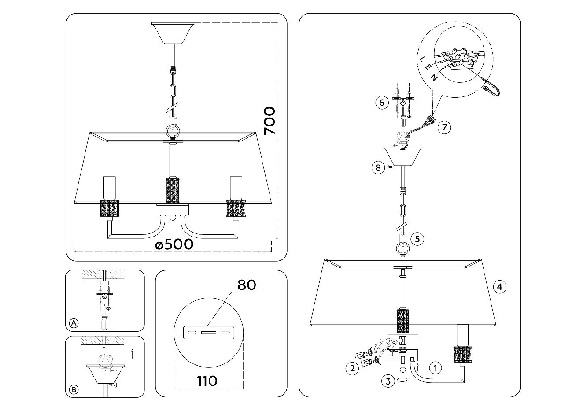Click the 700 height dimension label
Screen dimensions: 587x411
(x=270, y=121)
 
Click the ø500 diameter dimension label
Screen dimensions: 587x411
(x=174, y=244)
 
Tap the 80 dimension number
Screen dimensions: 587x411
(x=247, y=285)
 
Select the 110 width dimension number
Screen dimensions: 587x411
(x=207, y=381)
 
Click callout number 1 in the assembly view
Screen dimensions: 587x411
(x=435, y=368)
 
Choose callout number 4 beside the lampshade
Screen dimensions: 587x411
(x=499, y=287)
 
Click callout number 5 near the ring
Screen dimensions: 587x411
(x=417, y=239)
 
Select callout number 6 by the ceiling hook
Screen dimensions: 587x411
(x=382, y=103)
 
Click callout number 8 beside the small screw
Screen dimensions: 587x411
(x=378, y=167)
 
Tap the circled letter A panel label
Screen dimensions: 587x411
(x=74, y=323)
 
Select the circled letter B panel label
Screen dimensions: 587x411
(x=74, y=390)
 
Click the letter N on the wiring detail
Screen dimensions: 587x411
(x=434, y=78)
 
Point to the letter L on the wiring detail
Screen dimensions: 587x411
(x=422, y=59)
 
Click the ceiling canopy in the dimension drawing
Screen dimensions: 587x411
(x=173, y=33)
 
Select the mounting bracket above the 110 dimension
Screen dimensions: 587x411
(x=209, y=333)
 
